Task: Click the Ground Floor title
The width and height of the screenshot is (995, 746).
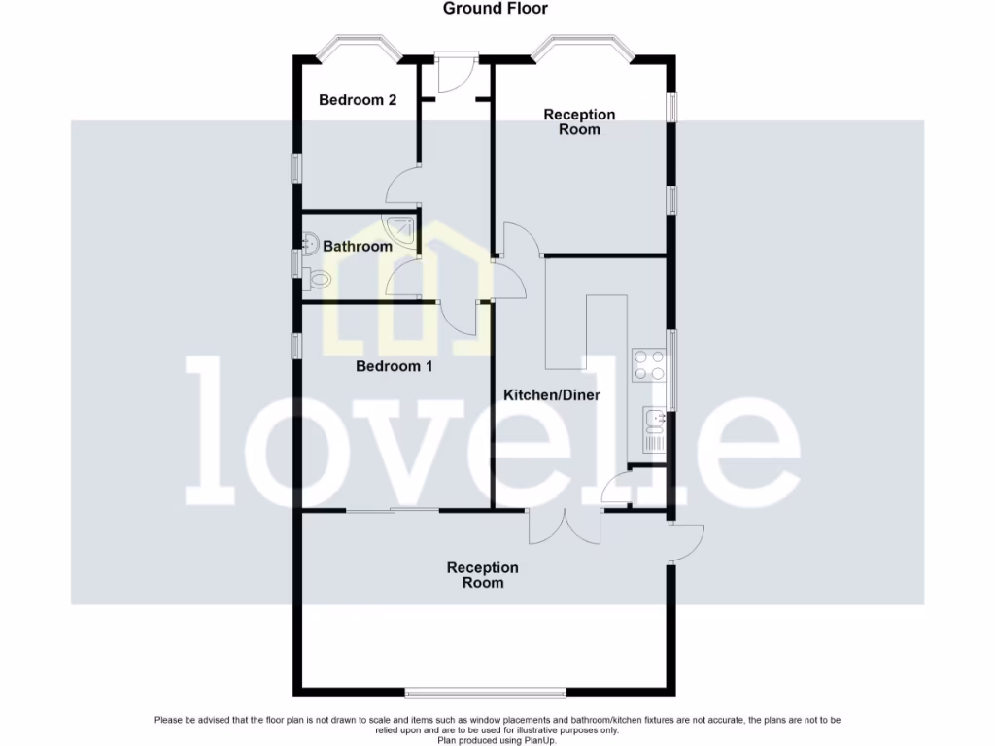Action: pos(496,9)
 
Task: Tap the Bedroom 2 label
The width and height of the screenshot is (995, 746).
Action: pos(358,99)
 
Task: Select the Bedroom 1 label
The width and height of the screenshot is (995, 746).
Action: pos(394,366)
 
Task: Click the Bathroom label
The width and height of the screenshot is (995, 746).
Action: pos(358,246)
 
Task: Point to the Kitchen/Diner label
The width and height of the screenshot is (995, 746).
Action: pos(552,395)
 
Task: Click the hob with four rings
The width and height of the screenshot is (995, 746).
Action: pos(649,364)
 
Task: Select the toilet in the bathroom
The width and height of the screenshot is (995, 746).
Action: pos(316,279)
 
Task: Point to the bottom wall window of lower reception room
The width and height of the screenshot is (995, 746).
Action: pos(485,693)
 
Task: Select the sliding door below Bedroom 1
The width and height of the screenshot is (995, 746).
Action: pos(393,510)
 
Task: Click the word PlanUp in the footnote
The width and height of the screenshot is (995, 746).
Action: pos(541,740)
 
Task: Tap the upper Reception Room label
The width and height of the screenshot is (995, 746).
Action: pos(579,121)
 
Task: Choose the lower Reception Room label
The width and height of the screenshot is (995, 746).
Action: pos(483,575)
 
